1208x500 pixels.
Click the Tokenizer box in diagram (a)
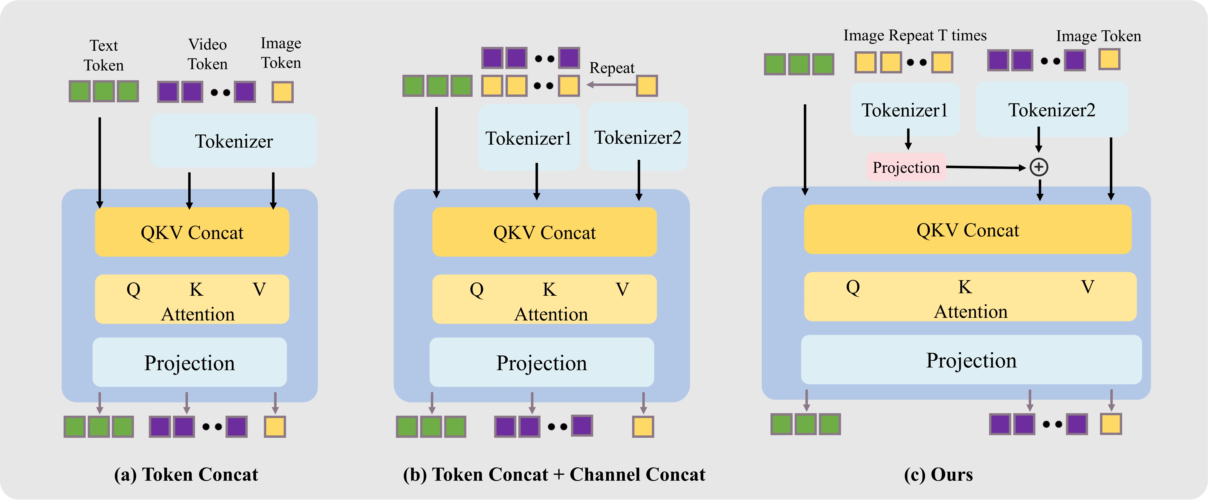click(234, 141)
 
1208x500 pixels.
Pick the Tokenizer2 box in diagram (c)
click(1052, 110)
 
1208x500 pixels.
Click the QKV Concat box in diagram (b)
click(544, 232)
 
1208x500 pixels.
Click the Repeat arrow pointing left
click(611, 85)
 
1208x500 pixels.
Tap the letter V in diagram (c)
click(1087, 287)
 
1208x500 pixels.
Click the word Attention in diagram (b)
click(551, 314)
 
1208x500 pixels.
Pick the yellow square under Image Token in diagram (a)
click(282, 92)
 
